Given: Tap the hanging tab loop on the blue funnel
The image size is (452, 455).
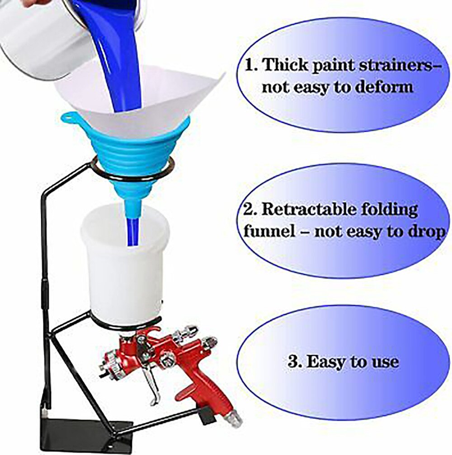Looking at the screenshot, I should pos(69,119).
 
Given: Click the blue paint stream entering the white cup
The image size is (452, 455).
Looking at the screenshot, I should pos(132,230).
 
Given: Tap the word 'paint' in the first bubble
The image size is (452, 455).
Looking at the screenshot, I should pos(328,65).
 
